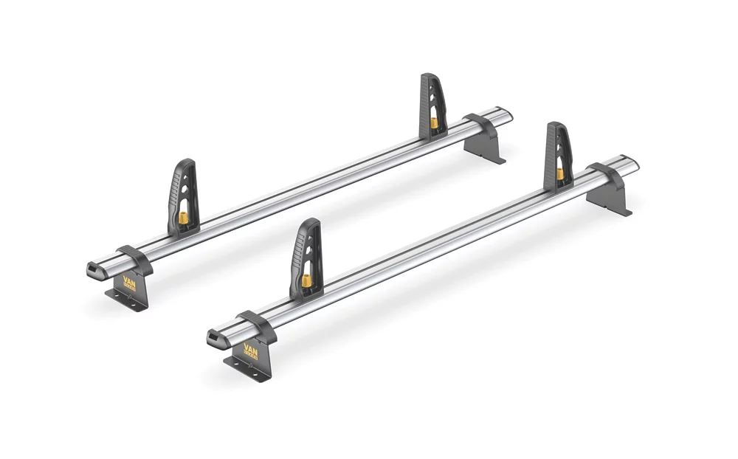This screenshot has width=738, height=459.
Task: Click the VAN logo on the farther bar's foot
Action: pyautogui.click(x=129, y=283)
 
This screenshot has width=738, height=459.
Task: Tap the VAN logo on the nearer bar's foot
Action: pyautogui.click(x=252, y=352)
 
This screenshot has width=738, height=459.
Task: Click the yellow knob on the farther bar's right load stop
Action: pyautogui.click(x=435, y=121)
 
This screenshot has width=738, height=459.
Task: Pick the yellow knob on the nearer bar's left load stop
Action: pyautogui.click(x=306, y=280)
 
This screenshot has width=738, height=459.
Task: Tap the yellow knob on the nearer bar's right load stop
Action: pyautogui.click(x=560, y=174)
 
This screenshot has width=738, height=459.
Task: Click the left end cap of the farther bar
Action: pyautogui.click(x=97, y=270)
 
